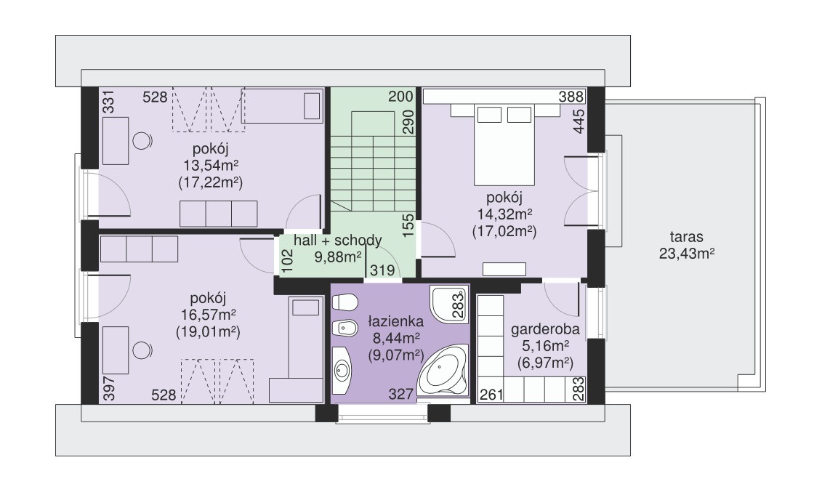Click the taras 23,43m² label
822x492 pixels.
coord(687,245)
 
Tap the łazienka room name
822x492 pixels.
coord(396,320)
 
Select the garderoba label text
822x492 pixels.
coord(545,329)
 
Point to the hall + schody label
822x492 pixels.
coord(338,241)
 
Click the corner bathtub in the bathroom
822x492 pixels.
coord(444,371)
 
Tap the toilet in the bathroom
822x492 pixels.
coord(344,302)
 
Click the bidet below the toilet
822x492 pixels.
coord(344,329)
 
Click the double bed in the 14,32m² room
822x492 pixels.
coord(504,144)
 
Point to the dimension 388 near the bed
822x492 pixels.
coord(571,97)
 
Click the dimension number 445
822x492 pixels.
coord(579,121)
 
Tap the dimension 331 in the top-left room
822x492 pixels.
coord(108,102)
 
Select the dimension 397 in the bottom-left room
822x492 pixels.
coord(108,388)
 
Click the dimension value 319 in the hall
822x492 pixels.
coord(382,270)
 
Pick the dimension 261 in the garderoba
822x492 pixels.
coord(491,395)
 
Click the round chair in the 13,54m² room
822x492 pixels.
coord(142,140)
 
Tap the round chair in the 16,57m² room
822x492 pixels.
coord(142,350)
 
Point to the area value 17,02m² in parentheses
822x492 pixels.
coord(504,231)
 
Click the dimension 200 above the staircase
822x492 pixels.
coord(401,97)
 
